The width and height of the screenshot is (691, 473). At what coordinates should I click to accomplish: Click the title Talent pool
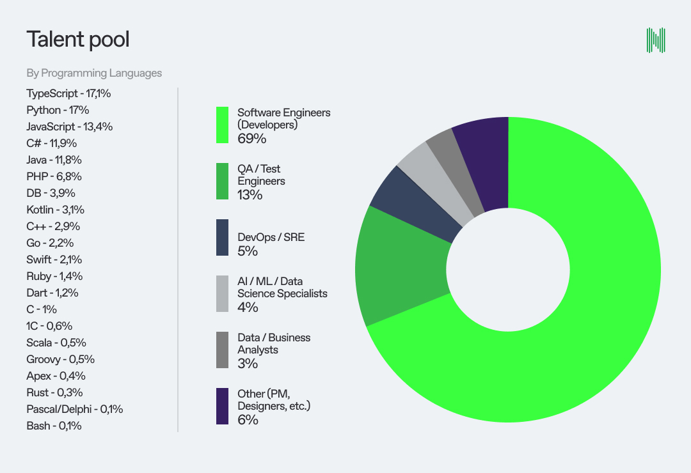click(x=78, y=40)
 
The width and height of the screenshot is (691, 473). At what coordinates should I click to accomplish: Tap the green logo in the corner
click(x=656, y=40)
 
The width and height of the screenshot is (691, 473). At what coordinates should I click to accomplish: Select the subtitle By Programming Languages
click(x=94, y=73)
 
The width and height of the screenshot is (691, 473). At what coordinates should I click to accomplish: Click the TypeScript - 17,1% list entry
click(x=69, y=93)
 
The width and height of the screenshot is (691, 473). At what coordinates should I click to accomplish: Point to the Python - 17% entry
click(x=58, y=110)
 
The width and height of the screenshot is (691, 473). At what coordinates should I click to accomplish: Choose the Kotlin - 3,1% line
click(x=56, y=210)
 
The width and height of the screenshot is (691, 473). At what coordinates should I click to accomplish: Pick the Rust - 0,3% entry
click(x=54, y=392)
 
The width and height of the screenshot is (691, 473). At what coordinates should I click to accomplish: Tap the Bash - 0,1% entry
click(x=54, y=426)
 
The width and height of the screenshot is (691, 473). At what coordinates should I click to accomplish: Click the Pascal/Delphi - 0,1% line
click(x=75, y=409)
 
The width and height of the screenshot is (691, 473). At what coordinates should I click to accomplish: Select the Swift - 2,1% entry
click(x=54, y=260)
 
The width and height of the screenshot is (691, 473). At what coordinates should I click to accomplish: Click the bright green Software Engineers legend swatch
click(x=223, y=125)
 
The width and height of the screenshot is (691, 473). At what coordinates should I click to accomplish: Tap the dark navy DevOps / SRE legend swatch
click(x=223, y=238)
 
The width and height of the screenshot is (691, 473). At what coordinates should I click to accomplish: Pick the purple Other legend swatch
click(x=223, y=406)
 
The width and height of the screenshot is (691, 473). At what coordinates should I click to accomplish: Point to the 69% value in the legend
click(x=251, y=139)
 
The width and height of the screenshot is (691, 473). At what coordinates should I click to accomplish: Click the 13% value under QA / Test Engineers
click(x=250, y=195)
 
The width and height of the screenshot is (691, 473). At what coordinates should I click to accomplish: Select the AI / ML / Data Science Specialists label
click(x=282, y=288)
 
